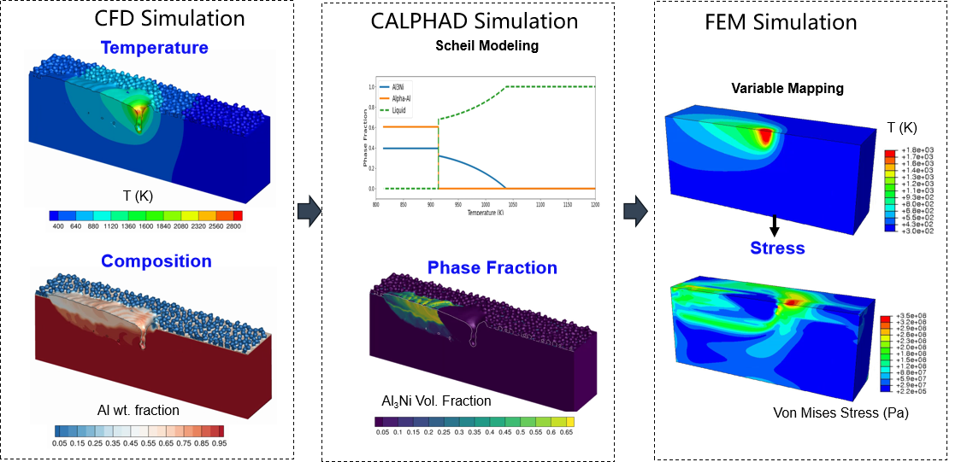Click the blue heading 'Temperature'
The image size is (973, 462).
pyautogui.click(x=154, y=48)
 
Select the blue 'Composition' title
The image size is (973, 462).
pyautogui.click(x=156, y=260)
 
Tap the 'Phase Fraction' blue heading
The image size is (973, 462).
pyautogui.click(x=492, y=268)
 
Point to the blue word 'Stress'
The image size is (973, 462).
pyautogui.click(x=777, y=249)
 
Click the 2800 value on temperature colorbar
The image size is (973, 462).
pyautogui.click(x=232, y=226)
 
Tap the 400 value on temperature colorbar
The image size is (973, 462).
pyautogui.click(x=58, y=226)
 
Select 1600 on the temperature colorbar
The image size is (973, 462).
pyautogui.click(x=145, y=226)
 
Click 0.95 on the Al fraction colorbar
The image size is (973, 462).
pyautogui.click(x=218, y=443)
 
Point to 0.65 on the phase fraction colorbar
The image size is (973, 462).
pyautogui.click(x=563, y=433)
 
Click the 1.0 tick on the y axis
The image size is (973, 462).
pyautogui.click(x=371, y=87)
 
